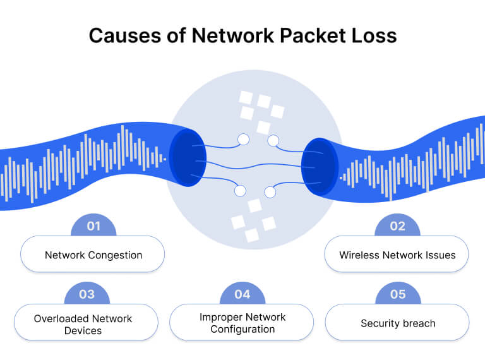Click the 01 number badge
(x=93, y=226)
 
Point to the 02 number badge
(x=397, y=226)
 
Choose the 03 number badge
(x=87, y=294)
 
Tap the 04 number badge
(x=242, y=294)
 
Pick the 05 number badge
(x=397, y=294)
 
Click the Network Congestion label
(x=93, y=255)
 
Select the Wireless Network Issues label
(x=397, y=255)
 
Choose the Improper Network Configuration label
(x=242, y=323)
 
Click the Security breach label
(x=398, y=323)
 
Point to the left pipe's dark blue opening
(x=186, y=158)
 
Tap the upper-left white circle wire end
(x=243, y=139)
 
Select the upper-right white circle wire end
(x=273, y=140)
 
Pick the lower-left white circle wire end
(x=240, y=190)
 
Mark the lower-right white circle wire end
(x=270, y=191)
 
